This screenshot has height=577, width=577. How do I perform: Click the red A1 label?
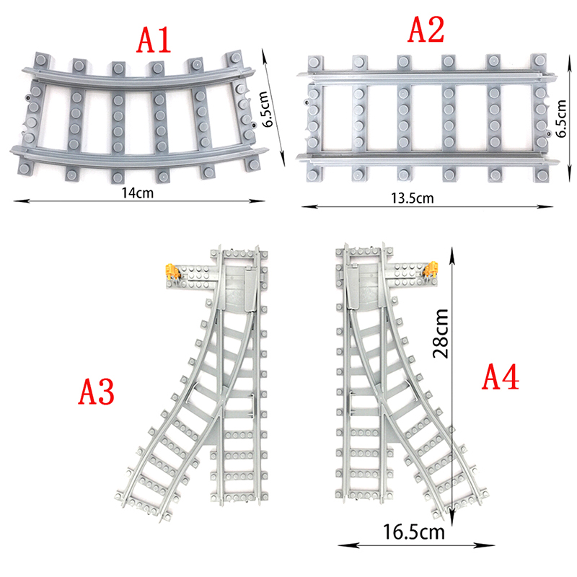(x=154, y=40)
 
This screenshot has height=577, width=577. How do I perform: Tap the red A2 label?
(x=426, y=29)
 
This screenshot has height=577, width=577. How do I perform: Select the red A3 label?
(x=97, y=392)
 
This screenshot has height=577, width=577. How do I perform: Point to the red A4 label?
(x=501, y=376)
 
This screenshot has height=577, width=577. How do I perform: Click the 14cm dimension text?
(x=138, y=193)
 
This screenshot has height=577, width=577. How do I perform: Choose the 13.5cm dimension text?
(x=412, y=198)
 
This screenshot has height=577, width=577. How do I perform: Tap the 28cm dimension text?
(x=441, y=333)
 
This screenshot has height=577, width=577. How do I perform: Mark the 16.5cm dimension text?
(x=414, y=532)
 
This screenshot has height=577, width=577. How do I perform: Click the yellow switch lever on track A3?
(x=172, y=272)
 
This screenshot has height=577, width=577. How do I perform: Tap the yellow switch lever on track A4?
(x=431, y=269)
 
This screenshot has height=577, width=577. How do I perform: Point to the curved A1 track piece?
(x=138, y=117)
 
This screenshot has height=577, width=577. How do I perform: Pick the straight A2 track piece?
(x=427, y=118)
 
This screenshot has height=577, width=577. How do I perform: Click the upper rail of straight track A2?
(x=427, y=76)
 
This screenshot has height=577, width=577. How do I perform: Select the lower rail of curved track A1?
(x=138, y=158)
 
